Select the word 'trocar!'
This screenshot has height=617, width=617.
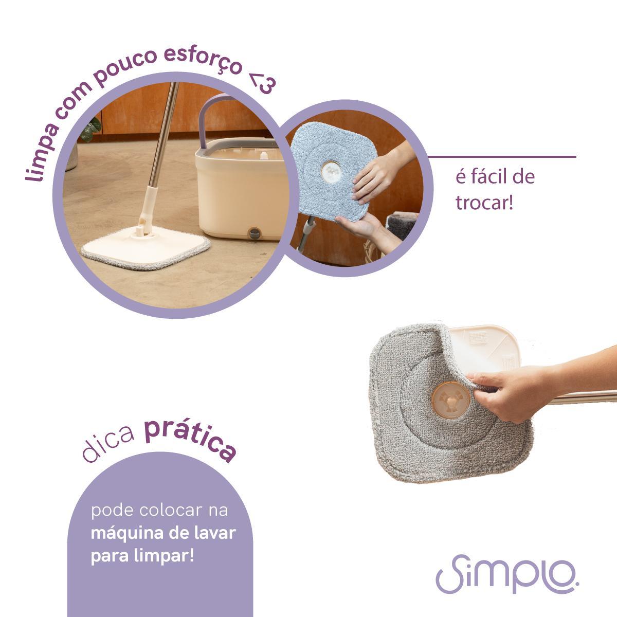coord(484,203)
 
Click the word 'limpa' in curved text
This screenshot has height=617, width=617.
coord(42,153)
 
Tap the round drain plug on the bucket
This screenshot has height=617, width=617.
coord(255,233)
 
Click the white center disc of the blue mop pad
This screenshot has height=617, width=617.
coord(331,169)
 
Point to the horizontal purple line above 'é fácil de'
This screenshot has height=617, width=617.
coord(502,157)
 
